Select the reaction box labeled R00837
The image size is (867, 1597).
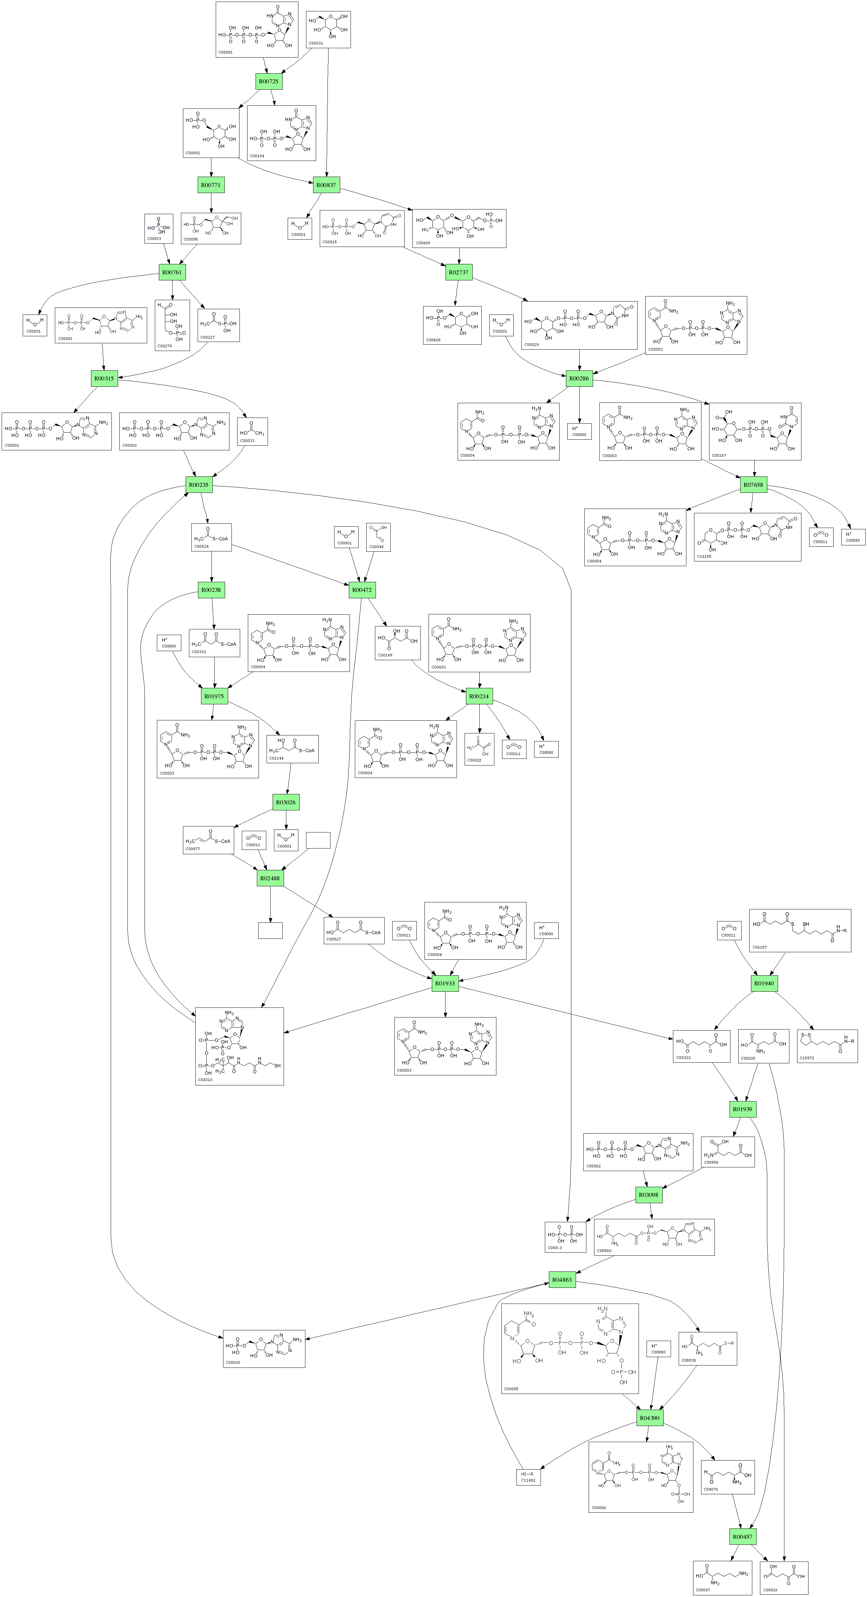tap(326, 185)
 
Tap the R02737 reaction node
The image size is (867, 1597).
tap(459, 272)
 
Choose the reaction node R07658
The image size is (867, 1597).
tap(754, 485)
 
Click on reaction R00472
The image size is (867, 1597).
tap(362, 590)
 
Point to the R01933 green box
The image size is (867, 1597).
tap(445, 983)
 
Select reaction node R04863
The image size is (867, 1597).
tap(562, 1279)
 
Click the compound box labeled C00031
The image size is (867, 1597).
tap(328, 29)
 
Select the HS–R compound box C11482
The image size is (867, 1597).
tap(528, 1477)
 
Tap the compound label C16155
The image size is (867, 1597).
tap(705, 556)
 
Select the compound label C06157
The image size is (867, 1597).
tap(759, 947)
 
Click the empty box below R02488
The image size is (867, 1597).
tap(270, 930)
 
